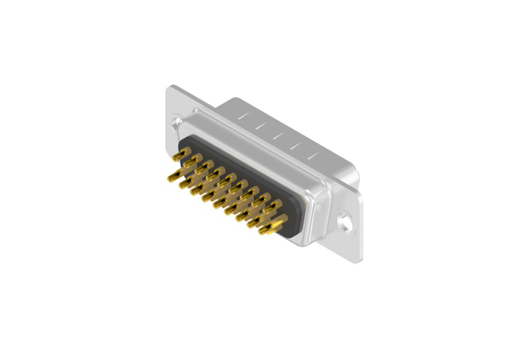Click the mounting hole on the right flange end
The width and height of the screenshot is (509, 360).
pyautogui.click(x=345, y=220)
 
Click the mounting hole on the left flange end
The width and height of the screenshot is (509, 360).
pyautogui.click(x=177, y=122)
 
